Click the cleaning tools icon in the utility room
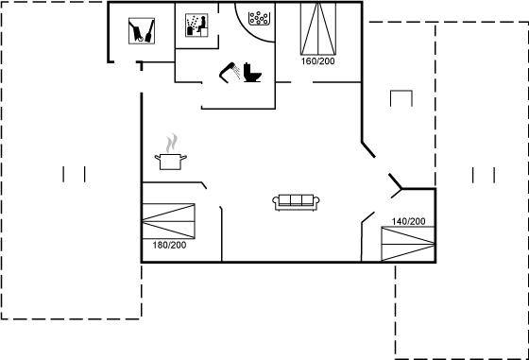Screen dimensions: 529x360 (142, 31)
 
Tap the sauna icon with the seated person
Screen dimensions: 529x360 (196, 26)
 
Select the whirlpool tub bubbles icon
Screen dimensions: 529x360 (259, 18)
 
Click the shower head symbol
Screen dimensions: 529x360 (230, 72)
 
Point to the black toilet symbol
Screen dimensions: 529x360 (252, 72)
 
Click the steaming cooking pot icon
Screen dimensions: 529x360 (171, 152)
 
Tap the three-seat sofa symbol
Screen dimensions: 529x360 (296, 202)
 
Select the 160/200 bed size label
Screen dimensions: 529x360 (317, 61)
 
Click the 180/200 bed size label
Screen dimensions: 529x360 (169, 245)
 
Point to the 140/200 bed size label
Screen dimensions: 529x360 (408, 221)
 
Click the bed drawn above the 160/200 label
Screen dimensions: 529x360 (318, 28)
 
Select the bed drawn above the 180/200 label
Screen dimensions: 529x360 (168, 221)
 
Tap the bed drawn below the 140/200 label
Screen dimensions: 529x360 (408, 244)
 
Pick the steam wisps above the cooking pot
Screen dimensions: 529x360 (172, 143)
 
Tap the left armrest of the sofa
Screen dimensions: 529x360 (276, 200)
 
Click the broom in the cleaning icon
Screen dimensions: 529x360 (150, 32)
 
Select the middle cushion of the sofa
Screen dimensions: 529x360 (296, 199)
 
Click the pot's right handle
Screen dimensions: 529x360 (183, 157)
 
